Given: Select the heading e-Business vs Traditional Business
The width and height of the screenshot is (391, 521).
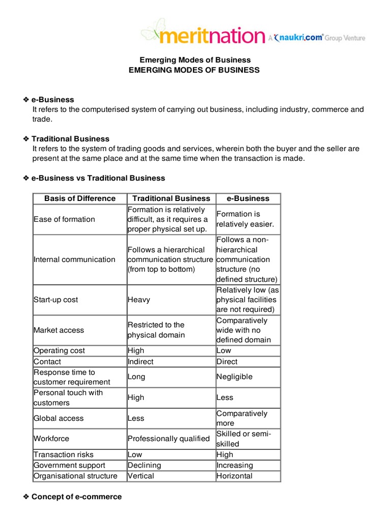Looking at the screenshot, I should point(98,178).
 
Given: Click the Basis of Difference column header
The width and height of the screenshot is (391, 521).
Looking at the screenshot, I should point(80,198).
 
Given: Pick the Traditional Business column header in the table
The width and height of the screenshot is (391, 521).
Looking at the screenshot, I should point(171,198).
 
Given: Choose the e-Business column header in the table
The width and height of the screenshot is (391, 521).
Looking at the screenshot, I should point(248,198).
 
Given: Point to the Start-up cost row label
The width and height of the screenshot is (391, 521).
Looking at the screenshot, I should point(56,300).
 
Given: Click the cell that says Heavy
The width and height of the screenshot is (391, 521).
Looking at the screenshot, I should point(139,300).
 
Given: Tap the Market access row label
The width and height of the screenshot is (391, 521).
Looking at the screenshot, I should point(59,330).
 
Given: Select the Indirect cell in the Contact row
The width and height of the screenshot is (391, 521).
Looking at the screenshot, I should point(141,362).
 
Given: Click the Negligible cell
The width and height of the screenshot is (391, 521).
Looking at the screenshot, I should point(234,377).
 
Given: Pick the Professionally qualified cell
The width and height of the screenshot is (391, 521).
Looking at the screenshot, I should point(169,439).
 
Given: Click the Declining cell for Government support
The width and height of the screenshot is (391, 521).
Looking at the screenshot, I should point(144,465).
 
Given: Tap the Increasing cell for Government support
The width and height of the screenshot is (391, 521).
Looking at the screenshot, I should point(234,465).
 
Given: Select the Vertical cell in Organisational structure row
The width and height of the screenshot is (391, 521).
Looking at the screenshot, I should point(141,476).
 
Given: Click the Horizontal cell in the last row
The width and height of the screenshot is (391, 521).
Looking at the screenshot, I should point(234,476).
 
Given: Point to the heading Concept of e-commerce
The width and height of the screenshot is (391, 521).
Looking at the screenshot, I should point(76,497).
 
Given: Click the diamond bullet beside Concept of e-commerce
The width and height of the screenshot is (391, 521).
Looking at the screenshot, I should point(26,497).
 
